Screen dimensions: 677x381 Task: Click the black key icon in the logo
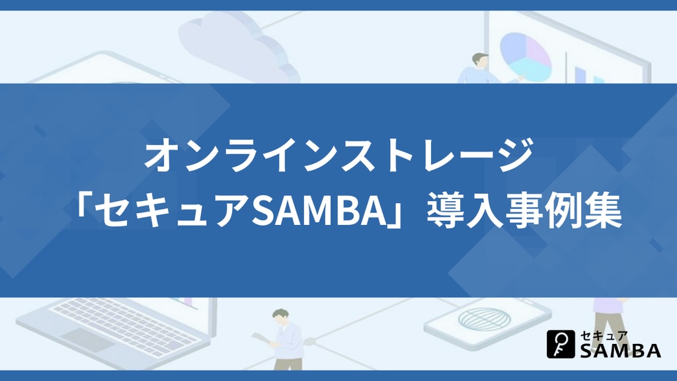(561, 344)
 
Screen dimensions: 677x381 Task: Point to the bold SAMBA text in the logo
(620, 351)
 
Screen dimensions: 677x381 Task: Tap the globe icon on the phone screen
(484, 319)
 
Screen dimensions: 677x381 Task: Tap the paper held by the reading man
(262, 339)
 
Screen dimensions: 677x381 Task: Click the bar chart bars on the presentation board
(588, 75)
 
